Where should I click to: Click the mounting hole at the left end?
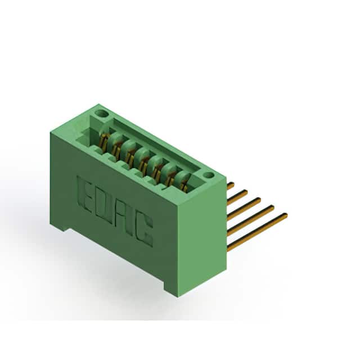tap(101, 113)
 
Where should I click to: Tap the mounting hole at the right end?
tap(209, 175)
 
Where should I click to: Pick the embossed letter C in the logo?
tap(143, 231)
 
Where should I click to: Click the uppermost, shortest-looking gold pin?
tap(230, 186)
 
